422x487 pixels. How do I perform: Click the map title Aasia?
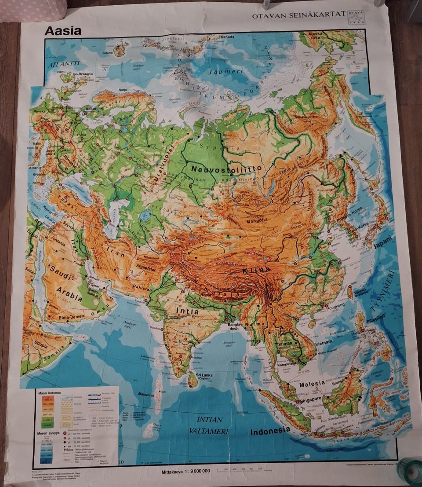click(x=63, y=31)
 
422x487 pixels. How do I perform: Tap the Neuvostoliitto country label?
click(x=227, y=168)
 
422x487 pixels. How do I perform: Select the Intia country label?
click(x=187, y=311)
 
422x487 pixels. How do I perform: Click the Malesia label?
click(x=312, y=384)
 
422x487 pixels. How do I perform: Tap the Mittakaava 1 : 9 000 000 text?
click(x=186, y=471)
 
